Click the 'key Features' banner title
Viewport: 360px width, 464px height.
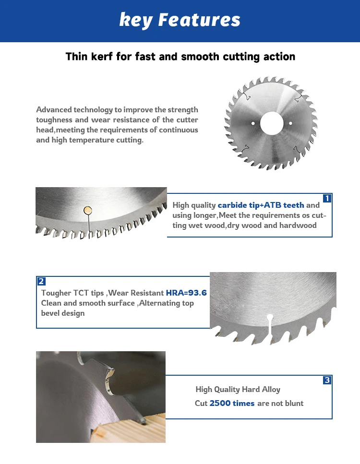click(180, 21)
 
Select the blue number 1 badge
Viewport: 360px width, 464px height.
click(327, 198)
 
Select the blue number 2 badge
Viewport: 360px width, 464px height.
click(41, 282)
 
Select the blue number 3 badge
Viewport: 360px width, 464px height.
click(327, 381)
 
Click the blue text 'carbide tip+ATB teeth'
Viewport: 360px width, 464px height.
click(261, 205)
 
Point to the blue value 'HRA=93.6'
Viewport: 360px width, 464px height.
click(186, 293)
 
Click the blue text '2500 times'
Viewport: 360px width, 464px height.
click(232, 404)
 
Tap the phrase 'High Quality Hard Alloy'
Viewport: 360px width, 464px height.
click(238, 390)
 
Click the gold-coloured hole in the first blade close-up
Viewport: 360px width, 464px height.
click(87, 210)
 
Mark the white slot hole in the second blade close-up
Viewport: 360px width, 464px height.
click(270, 317)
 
